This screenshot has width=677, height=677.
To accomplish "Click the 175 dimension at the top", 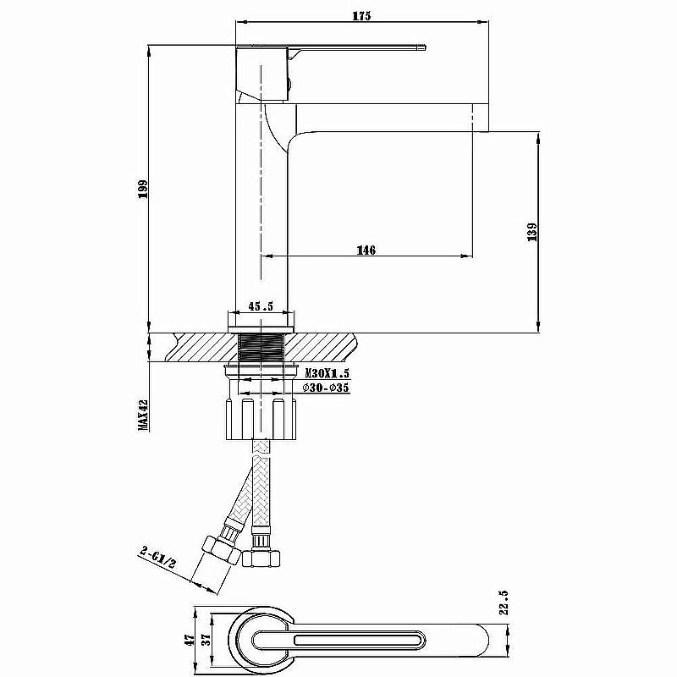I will pyautogui.click(x=361, y=15).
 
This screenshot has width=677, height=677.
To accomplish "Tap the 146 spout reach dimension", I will pyautogui.click(x=366, y=250).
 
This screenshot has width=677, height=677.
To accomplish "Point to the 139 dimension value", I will pyautogui.click(x=531, y=231).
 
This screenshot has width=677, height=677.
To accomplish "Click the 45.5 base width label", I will pyautogui.click(x=261, y=306).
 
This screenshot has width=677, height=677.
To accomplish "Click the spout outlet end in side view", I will pyautogui.click(x=481, y=118).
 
